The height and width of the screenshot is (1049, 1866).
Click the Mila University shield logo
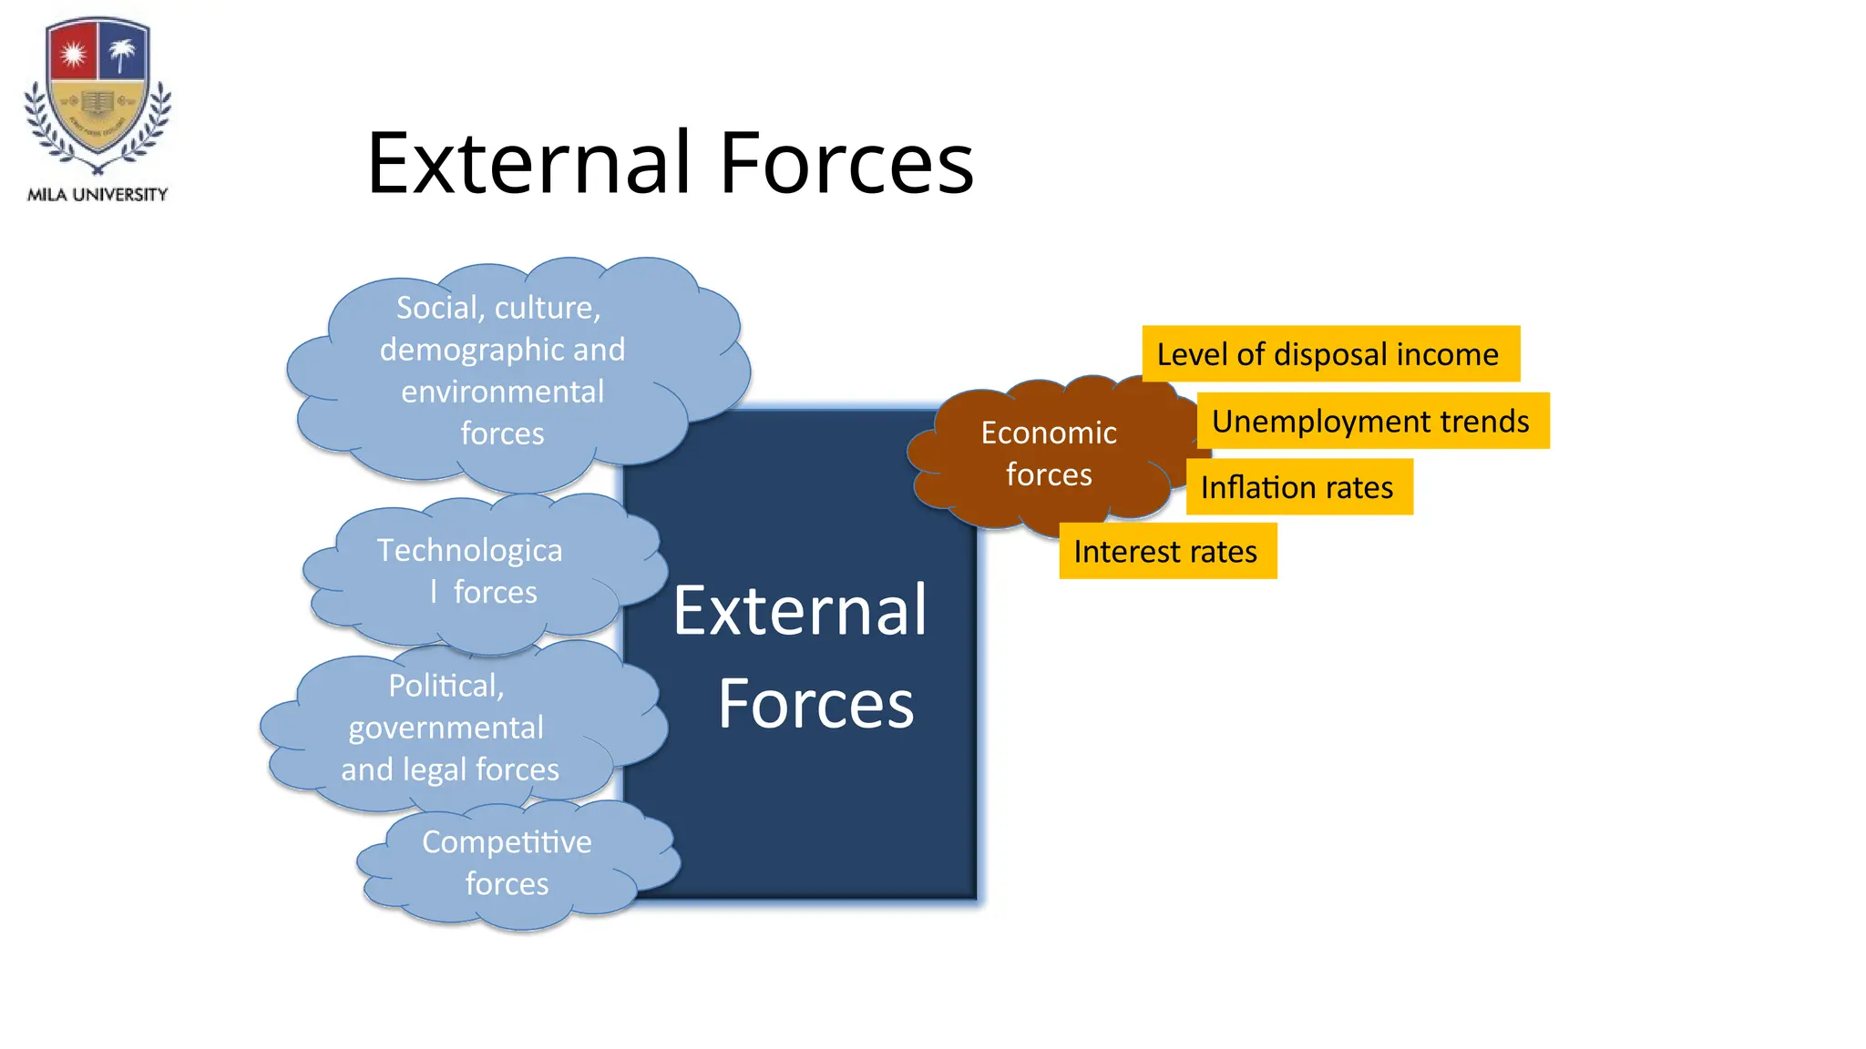tap(97, 95)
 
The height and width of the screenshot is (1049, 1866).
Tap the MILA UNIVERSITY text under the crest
tap(97, 195)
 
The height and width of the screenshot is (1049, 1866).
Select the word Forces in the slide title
tap(846, 164)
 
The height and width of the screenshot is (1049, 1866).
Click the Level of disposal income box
tap(1330, 354)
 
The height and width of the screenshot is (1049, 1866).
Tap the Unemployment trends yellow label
tap(1372, 422)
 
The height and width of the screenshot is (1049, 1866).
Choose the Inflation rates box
tap(1298, 488)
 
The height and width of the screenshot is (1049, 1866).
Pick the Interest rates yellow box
tap(1167, 552)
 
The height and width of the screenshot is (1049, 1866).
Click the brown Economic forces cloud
tap(1048, 453)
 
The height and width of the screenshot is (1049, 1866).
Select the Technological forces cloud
tap(474, 572)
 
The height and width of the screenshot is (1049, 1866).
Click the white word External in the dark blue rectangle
tap(800, 611)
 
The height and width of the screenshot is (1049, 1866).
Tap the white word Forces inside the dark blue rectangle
tap(815, 705)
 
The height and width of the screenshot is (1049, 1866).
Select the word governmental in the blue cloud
tap(446, 728)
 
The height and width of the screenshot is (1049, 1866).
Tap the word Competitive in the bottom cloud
tap(507, 842)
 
